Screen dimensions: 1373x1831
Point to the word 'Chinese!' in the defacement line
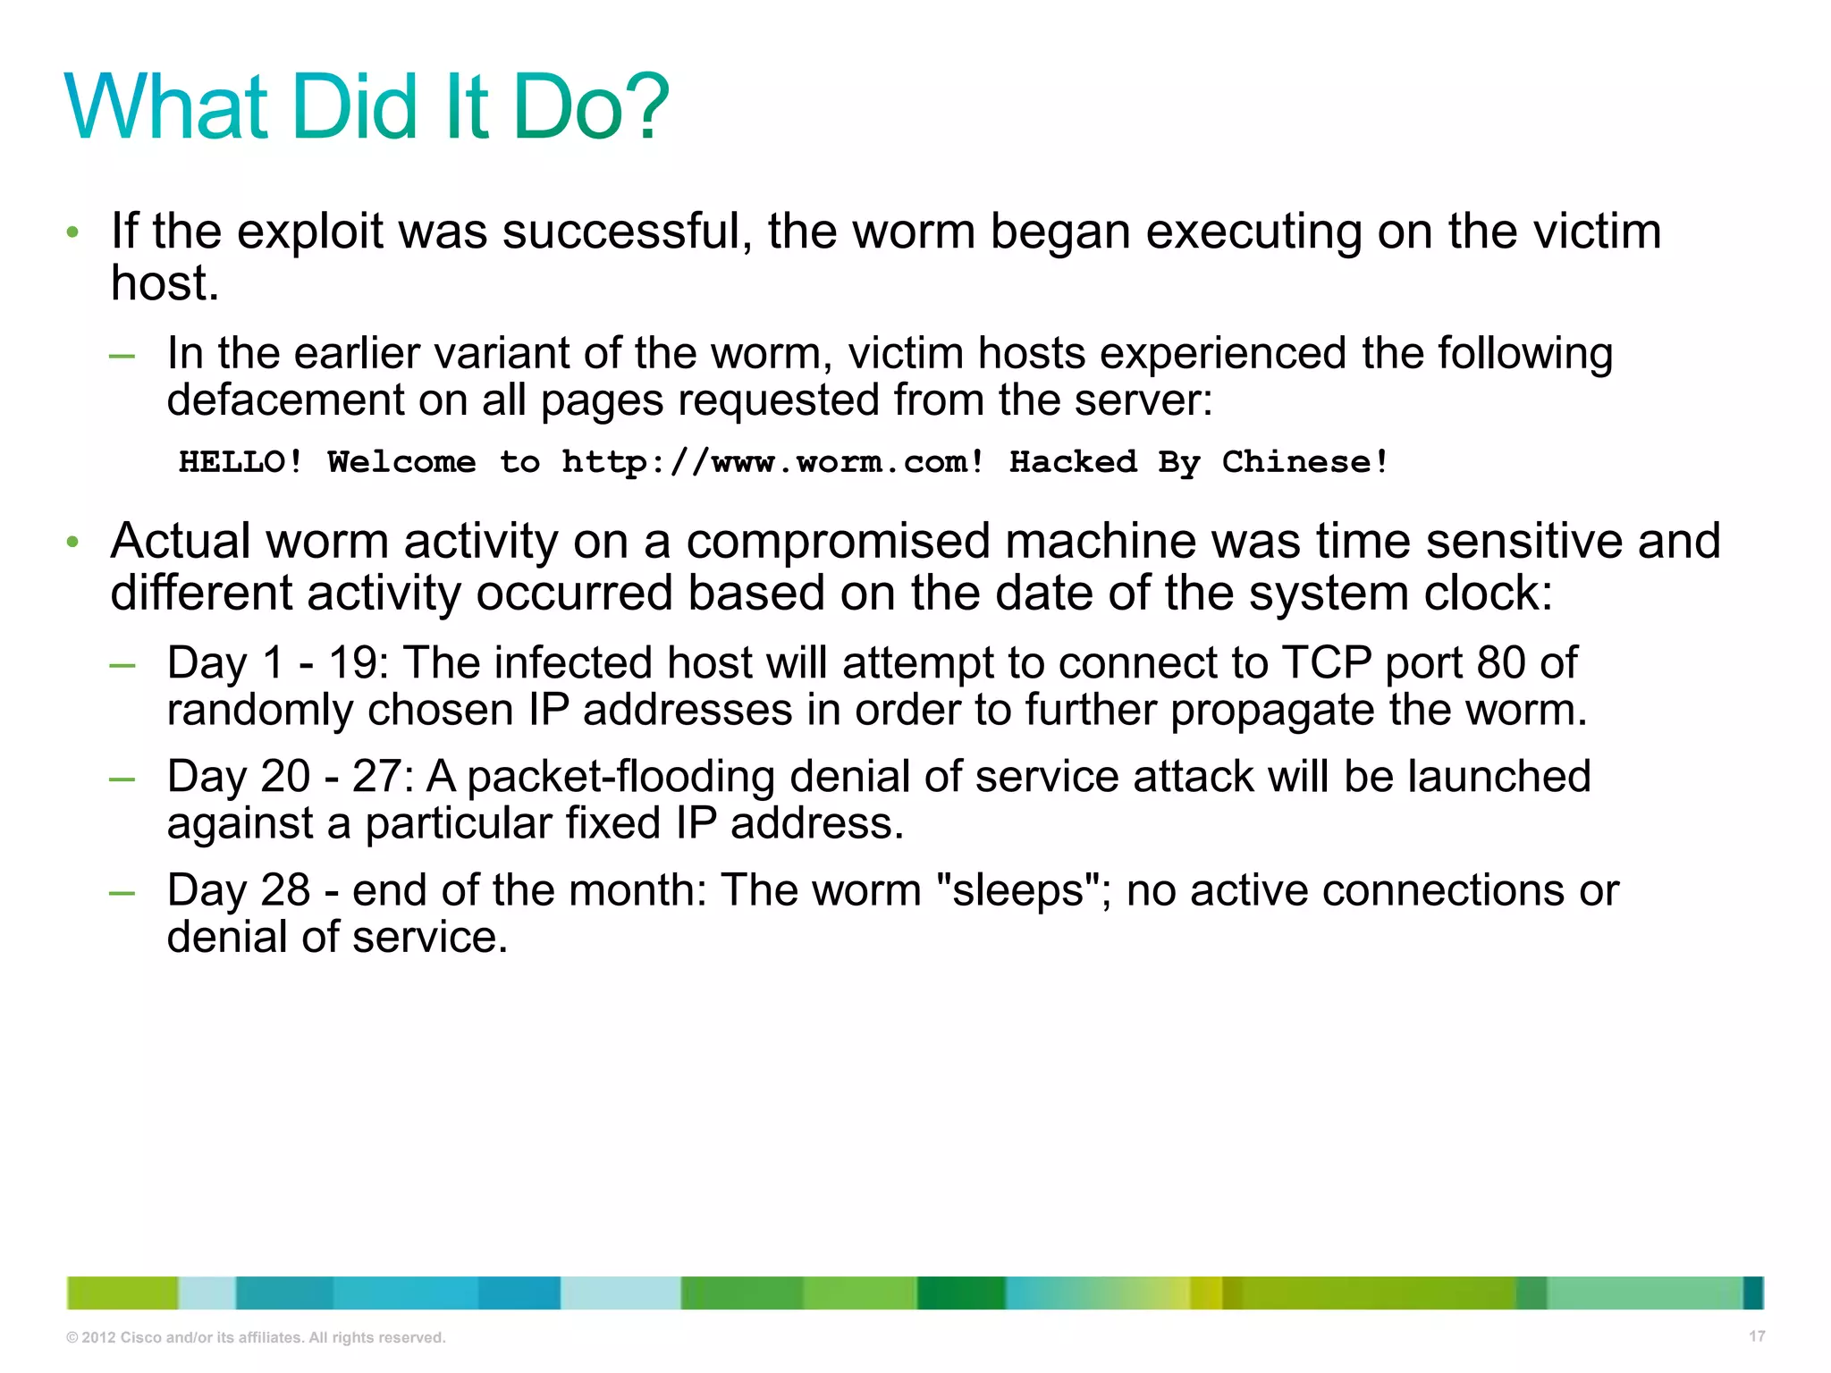[1305, 462]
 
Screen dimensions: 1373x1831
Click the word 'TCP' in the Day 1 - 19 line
[1327, 663]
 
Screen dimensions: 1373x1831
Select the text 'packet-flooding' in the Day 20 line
[620, 777]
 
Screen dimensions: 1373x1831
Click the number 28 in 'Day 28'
[285, 890]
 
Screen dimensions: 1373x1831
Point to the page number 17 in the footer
[1757, 1336]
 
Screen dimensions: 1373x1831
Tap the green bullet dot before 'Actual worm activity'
[73, 542]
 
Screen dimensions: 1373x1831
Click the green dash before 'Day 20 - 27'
[122, 779]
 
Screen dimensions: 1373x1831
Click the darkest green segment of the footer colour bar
[960, 1293]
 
